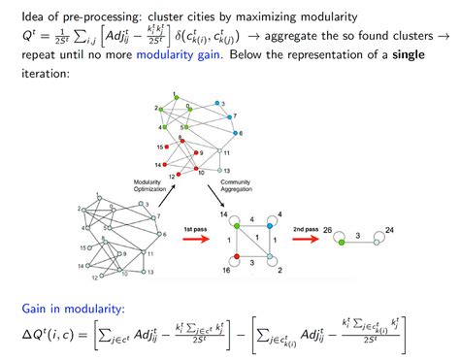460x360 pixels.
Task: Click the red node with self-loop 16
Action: coord(236,259)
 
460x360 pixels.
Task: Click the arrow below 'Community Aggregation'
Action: coord(213,197)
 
